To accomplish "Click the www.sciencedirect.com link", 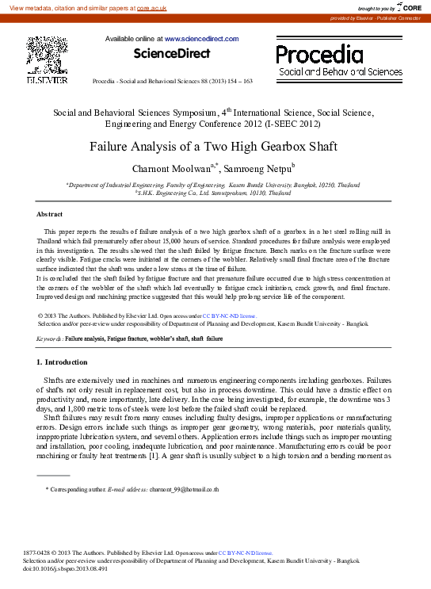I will coord(201,38).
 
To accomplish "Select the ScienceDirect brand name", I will coord(172,54).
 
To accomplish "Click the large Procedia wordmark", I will coord(319,55).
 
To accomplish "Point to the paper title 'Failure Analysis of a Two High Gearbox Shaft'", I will coord(213,147).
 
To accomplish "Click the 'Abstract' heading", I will coord(51,214).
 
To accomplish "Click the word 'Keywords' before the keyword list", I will coord(49,338).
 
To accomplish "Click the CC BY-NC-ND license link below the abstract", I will coord(229,316).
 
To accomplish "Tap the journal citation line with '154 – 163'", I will coord(173,82).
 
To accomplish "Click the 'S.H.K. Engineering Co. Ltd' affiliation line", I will coord(213,192).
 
